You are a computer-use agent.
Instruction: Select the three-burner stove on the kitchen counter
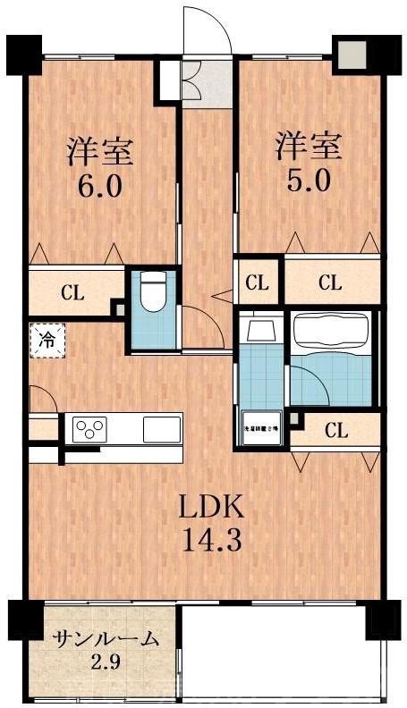click(89, 428)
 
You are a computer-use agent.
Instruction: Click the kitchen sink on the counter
click(162, 428)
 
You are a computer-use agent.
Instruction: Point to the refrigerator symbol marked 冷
click(45, 339)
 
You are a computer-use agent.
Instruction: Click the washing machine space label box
click(261, 428)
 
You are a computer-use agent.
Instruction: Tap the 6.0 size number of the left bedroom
click(100, 188)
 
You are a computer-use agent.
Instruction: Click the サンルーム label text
click(106, 638)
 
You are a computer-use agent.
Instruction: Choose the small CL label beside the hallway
click(258, 283)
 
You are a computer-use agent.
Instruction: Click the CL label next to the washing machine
click(335, 430)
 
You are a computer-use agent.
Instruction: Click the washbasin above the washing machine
click(261, 332)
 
